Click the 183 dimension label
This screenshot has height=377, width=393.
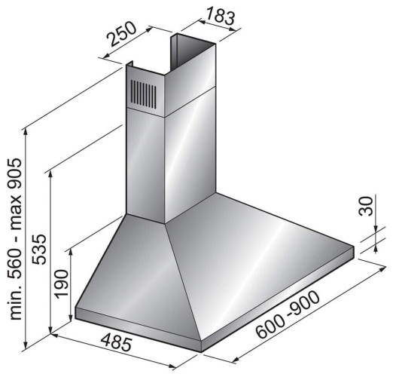click(x=221, y=17)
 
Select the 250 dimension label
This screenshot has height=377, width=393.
click(x=122, y=34)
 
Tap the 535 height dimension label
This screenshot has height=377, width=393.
click(x=39, y=249)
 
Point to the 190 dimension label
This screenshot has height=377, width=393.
click(x=62, y=284)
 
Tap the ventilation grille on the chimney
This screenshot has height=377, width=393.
click(x=144, y=94)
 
